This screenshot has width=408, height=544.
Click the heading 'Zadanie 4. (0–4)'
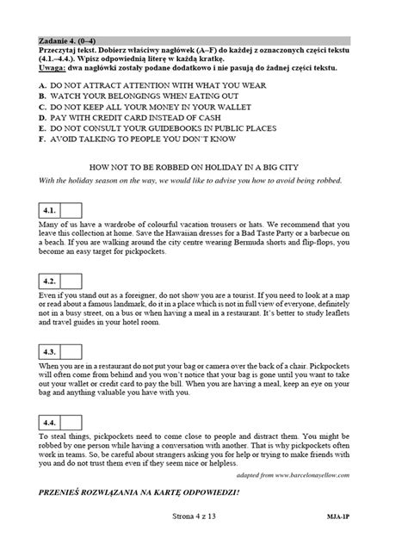point(68,40)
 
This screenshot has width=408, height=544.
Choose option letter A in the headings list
point(43,89)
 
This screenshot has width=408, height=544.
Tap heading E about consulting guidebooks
point(172,137)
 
